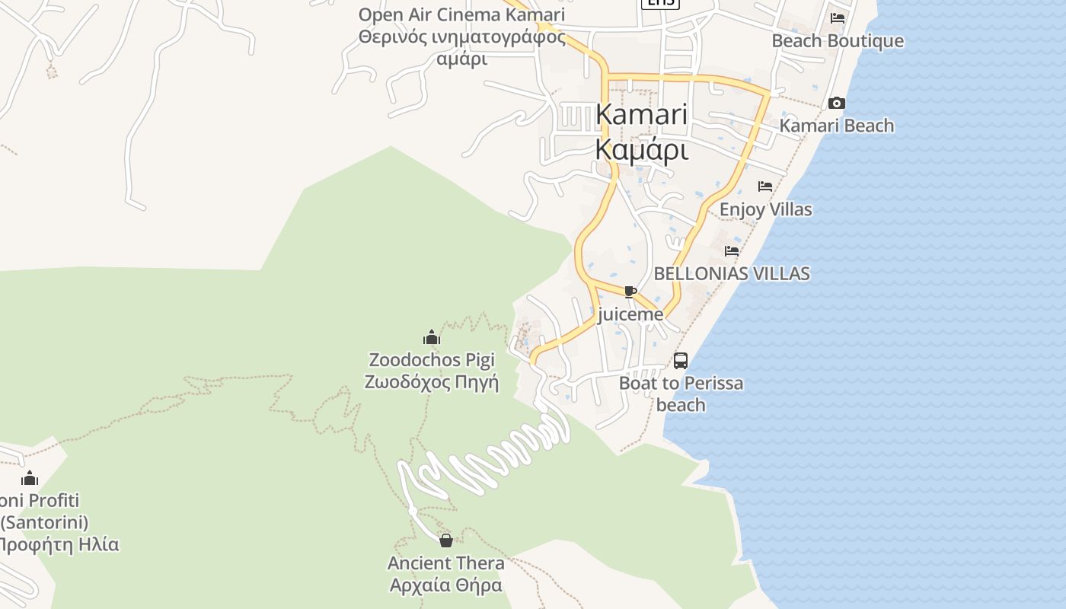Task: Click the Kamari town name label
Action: click(641, 114)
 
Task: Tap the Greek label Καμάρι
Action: click(641, 149)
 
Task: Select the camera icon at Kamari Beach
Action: click(836, 103)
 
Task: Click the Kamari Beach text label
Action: click(836, 126)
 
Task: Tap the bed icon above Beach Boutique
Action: click(838, 18)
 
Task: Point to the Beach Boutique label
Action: click(838, 41)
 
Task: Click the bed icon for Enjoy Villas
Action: click(765, 187)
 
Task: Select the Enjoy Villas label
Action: click(765, 209)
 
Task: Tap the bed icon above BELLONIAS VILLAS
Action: click(732, 250)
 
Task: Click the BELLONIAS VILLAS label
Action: click(732, 273)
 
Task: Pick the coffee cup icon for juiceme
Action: click(630, 292)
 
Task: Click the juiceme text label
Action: click(630, 314)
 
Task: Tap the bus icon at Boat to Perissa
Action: click(681, 361)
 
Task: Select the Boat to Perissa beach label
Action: click(681, 383)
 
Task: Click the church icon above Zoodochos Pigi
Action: click(432, 337)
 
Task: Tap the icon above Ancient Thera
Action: click(446, 540)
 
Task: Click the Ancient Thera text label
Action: click(446, 563)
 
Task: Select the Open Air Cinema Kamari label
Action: click(461, 14)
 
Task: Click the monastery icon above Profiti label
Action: click(30, 478)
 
